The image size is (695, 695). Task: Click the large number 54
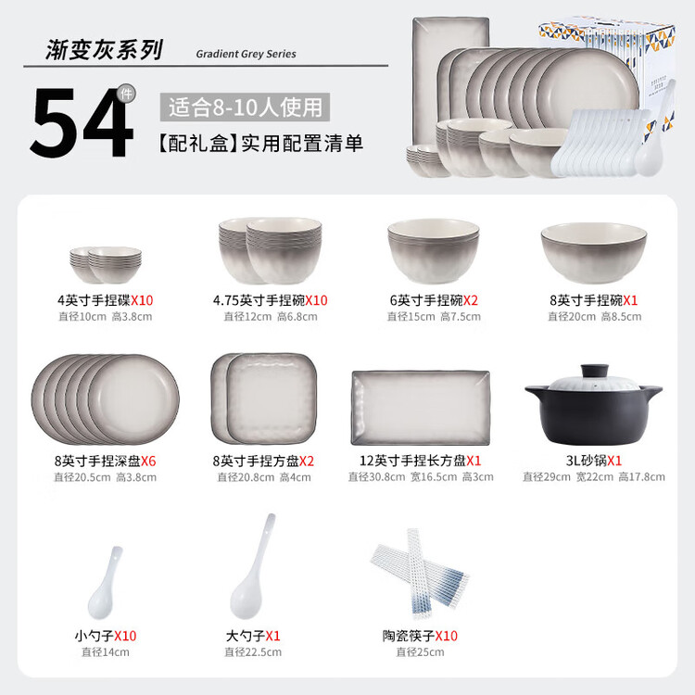click(82, 122)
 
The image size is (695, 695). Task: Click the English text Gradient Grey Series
click(246, 54)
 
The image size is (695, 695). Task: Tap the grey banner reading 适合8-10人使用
click(245, 107)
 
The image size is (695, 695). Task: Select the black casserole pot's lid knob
click(594, 371)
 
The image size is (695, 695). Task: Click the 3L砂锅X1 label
click(593, 461)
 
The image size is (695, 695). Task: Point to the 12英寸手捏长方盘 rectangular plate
click(420, 408)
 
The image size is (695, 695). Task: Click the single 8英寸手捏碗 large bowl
click(593, 252)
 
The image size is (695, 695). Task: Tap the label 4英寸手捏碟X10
click(105, 300)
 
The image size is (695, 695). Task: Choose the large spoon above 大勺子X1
click(252, 566)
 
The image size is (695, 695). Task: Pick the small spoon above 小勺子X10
click(105, 583)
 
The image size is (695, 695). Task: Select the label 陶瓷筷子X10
click(420, 636)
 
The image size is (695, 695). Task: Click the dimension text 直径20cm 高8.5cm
click(594, 317)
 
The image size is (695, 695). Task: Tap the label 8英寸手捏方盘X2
click(263, 461)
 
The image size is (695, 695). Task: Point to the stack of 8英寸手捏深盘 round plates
click(105, 399)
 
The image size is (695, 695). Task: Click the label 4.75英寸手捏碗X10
click(270, 300)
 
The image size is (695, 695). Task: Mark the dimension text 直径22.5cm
click(253, 652)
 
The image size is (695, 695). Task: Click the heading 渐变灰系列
click(105, 49)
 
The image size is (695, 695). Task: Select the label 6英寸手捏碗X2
click(434, 300)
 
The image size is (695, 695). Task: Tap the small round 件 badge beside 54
click(126, 94)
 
